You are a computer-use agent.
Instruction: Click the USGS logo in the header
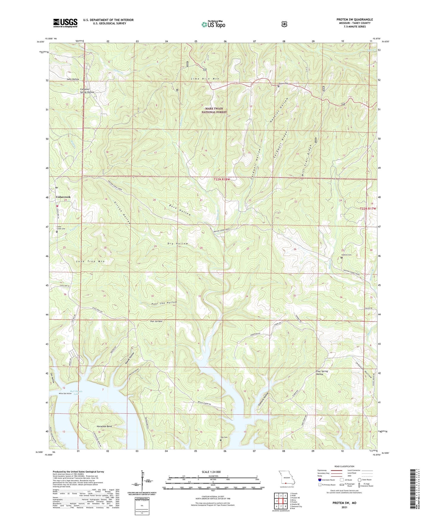[65, 23]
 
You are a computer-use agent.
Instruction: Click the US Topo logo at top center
[213, 24]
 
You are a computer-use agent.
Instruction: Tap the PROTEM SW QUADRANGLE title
[354, 20]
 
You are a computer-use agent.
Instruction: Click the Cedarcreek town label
[63, 197]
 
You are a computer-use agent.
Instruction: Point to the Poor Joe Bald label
[156, 321]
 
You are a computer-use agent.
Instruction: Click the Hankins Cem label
[346, 255]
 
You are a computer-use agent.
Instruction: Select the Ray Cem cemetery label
[224, 437]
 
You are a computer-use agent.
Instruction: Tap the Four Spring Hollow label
[322, 373]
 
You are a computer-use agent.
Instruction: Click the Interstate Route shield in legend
[320, 480]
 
